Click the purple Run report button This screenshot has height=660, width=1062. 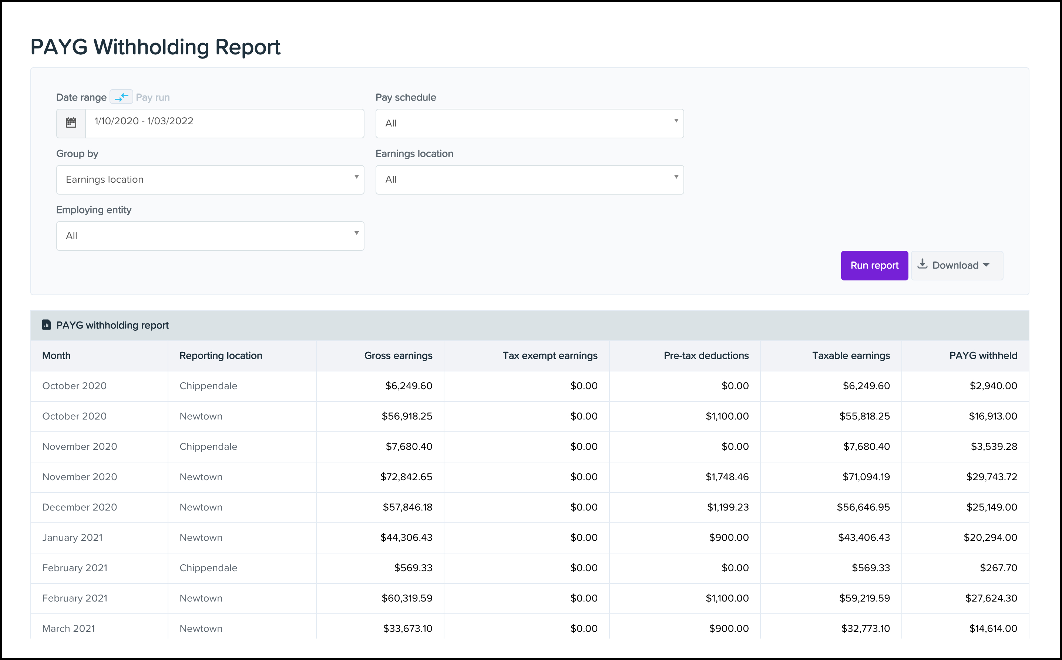[x=874, y=265]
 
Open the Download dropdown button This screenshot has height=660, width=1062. [x=957, y=265]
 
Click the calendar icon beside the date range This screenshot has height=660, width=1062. [x=71, y=123]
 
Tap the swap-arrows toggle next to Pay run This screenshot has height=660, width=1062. [x=121, y=97]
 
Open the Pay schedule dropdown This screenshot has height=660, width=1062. [x=530, y=124]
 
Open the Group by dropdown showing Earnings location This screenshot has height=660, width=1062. [x=210, y=180]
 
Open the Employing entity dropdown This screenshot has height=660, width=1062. [x=210, y=236]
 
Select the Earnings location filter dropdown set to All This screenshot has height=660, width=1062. [x=530, y=180]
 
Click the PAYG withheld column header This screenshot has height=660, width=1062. [x=983, y=356]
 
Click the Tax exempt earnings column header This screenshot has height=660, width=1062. [x=550, y=356]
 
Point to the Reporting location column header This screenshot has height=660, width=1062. [x=221, y=356]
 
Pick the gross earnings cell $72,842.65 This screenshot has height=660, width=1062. [x=406, y=477]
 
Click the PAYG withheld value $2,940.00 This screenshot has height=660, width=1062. [x=994, y=386]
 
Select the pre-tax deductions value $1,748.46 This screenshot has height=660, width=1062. [x=727, y=477]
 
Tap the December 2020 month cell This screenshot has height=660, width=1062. [x=80, y=507]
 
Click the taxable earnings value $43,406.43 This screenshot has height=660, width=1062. [x=864, y=537]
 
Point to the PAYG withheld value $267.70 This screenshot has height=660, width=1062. [x=999, y=568]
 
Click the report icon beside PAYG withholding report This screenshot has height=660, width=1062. [x=46, y=325]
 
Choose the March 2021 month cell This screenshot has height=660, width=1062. [x=68, y=629]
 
